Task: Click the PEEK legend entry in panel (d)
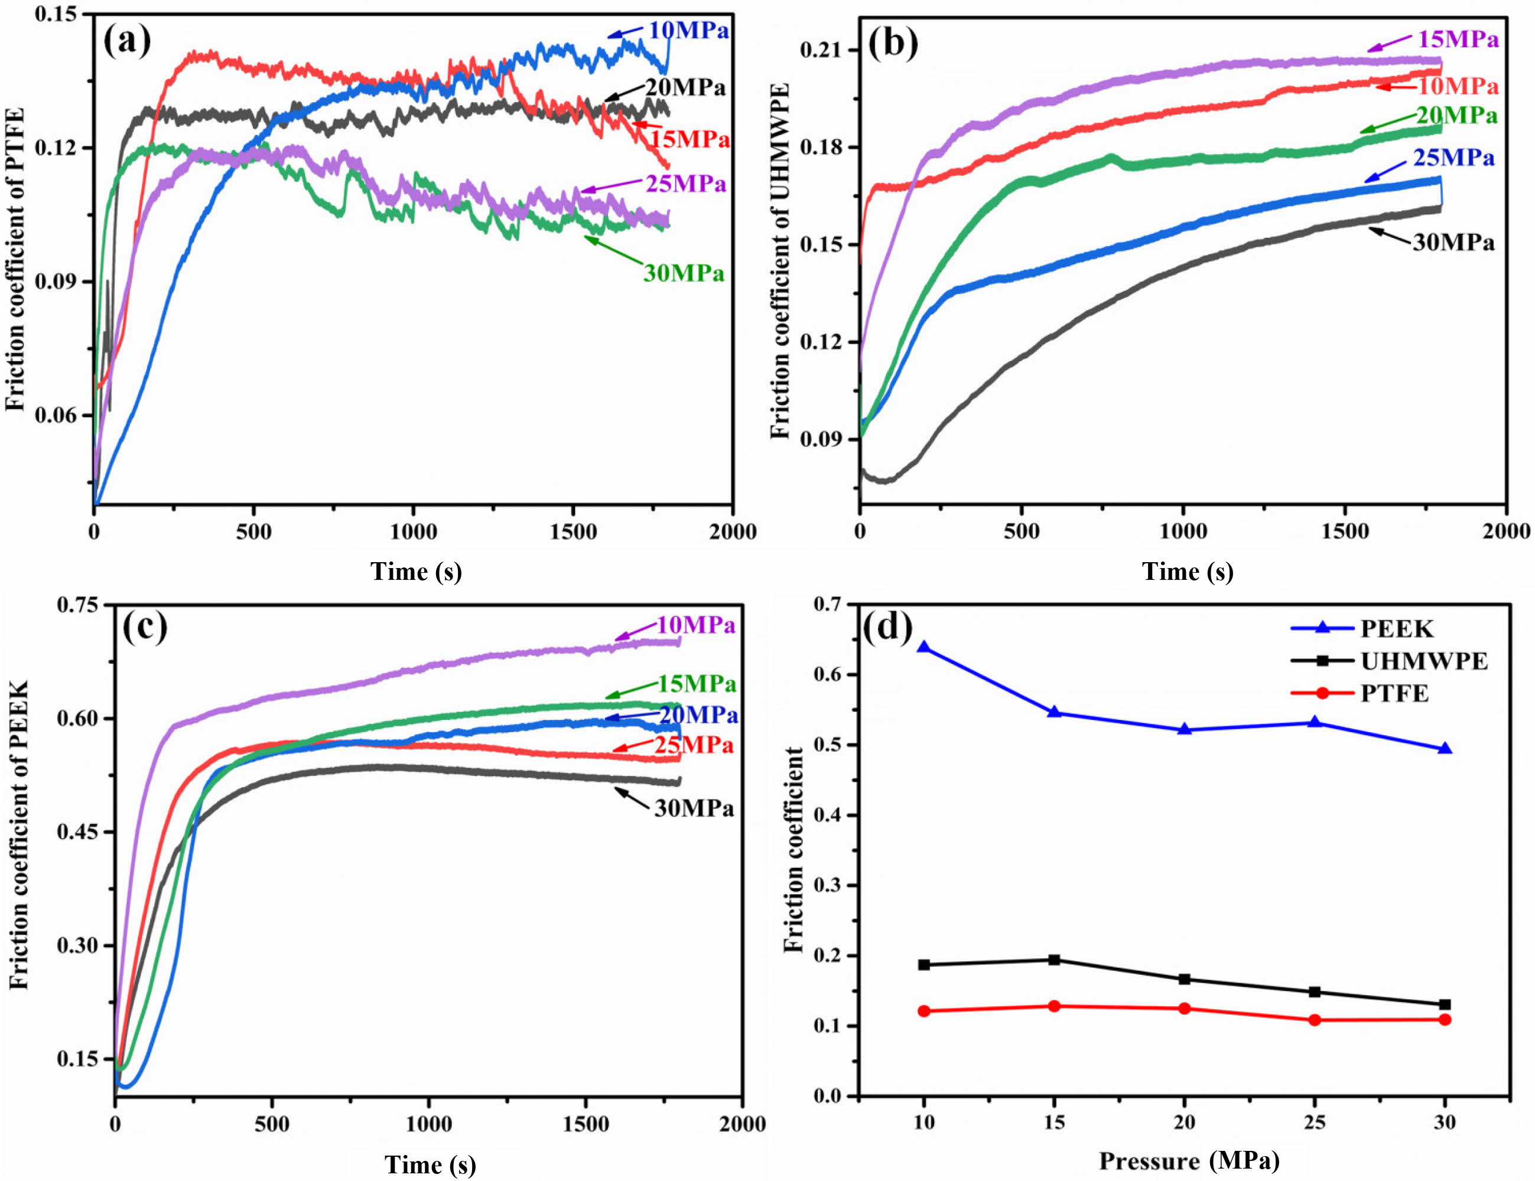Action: (x=1396, y=629)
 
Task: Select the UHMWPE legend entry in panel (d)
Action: (x=1423, y=661)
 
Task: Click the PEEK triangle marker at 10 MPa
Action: (x=923, y=647)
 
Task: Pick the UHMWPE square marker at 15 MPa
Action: (x=1053, y=960)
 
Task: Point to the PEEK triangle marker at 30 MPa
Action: (x=1445, y=749)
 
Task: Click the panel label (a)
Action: (x=126, y=41)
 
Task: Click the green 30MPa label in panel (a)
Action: (x=683, y=273)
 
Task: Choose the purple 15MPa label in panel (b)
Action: (x=1458, y=40)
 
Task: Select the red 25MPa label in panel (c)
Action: (x=694, y=745)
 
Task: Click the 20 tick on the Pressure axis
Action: (x=1184, y=1122)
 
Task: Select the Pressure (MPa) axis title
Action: (x=1189, y=1160)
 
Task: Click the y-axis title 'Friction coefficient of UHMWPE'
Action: (x=780, y=260)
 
